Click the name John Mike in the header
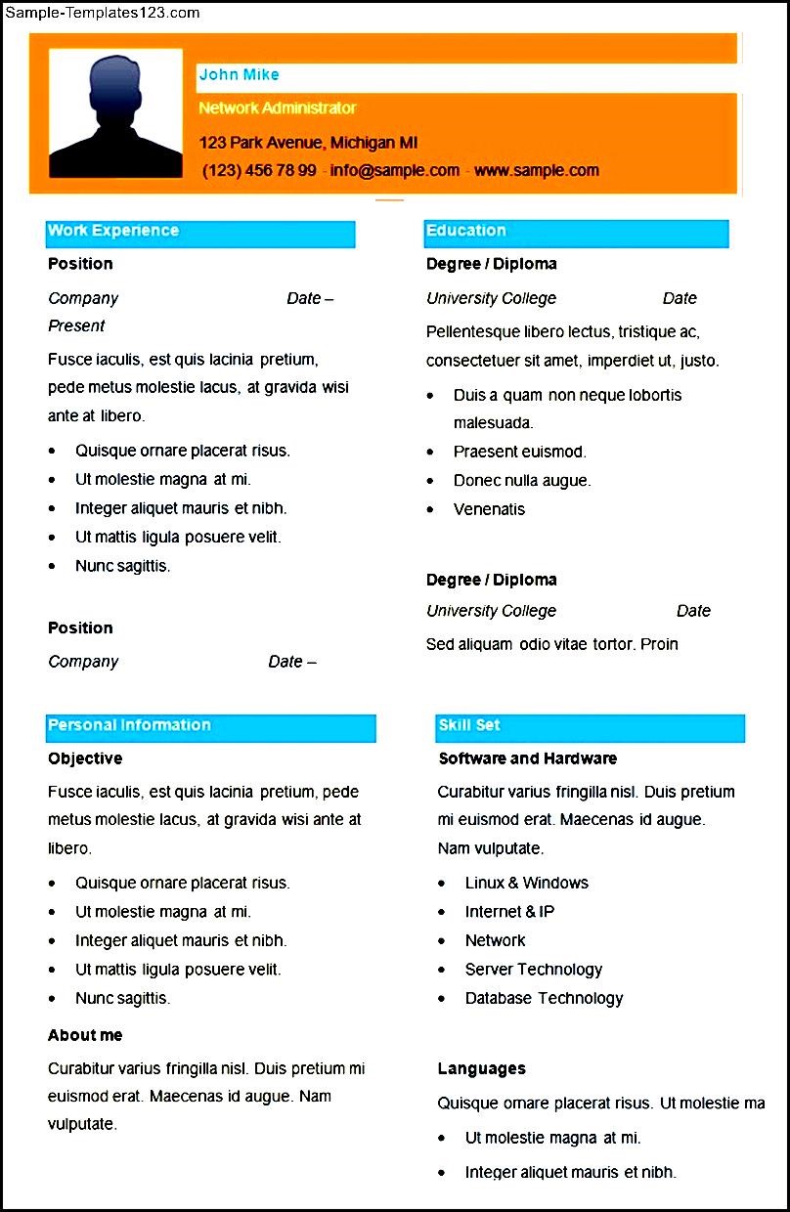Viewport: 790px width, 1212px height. click(x=239, y=74)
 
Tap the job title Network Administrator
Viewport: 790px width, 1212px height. click(x=278, y=108)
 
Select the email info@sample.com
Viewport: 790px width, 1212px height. click(x=394, y=170)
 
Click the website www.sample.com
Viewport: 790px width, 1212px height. click(x=536, y=170)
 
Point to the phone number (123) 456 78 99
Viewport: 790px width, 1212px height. click(x=259, y=170)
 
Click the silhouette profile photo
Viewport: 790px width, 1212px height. click(x=115, y=114)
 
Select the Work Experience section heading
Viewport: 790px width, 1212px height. click(x=113, y=231)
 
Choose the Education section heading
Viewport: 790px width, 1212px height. click(x=466, y=231)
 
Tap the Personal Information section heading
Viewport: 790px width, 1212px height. click(x=129, y=725)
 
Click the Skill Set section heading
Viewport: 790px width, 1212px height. click(x=469, y=725)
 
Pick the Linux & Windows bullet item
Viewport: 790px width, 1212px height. click(x=526, y=883)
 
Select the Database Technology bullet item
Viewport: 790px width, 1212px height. click(x=544, y=998)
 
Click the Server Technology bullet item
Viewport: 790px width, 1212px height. click(x=533, y=970)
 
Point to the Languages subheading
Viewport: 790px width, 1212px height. click(x=482, y=1068)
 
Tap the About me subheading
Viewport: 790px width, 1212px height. click(x=85, y=1035)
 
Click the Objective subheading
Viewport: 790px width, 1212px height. click(x=85, y=758)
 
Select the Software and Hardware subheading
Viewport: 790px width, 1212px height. click(x=528, y=758)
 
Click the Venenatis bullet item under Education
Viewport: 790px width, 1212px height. click(x=489, y=509)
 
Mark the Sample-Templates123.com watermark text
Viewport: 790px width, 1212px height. click(x=102, y=13)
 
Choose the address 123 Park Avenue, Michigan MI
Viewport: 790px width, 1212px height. click(x=308, y=143)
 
